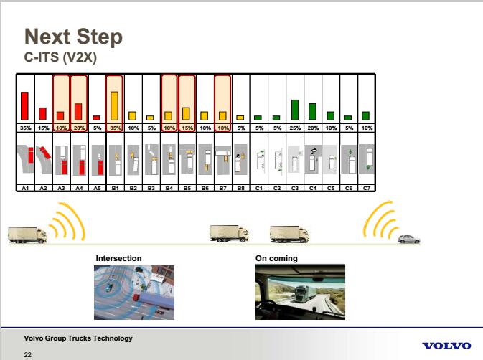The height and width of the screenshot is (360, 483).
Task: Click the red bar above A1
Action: click(x=24, y=106)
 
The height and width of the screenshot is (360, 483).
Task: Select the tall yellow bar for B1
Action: click(x=114, y=106)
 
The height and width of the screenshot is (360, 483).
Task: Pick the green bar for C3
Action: click(x=295, y=110)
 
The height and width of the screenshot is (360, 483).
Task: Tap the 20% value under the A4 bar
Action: click(x=79, y=128)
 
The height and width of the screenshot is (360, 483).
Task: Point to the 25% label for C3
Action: click(x=295, y=128)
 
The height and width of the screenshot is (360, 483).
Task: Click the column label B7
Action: click(x=222, y=188)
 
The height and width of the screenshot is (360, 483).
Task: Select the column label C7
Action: click(x=367, y=188)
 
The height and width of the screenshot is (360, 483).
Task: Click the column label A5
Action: click(x=97, y=188)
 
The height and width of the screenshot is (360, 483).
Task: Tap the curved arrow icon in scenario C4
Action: click(x=314, y=151)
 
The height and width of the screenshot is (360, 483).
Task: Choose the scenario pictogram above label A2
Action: click(x=44, y=160)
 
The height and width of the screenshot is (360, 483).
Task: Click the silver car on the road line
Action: click(x=409, y=240)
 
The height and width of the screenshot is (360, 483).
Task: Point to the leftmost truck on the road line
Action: click(x=27, y=235)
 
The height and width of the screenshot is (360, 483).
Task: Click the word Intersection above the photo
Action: click(x=118, y=258)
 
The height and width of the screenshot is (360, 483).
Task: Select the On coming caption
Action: click(x=276, y=258)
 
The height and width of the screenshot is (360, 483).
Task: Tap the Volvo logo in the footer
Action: click(x=446, y=346)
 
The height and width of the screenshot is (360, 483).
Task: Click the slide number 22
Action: click(x=28, y=355)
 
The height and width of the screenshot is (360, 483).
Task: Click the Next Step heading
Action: click(x=73, y=37)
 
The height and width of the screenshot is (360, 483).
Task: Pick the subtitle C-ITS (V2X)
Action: click(x=60, y=57)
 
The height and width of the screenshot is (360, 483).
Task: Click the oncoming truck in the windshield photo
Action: click(x=304, y=294)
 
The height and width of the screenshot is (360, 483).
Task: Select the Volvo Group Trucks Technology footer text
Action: click(x=78, y=338)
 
